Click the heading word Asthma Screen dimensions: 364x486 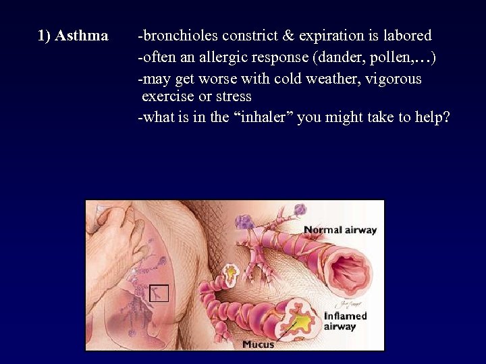[82, 36]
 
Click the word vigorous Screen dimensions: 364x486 [394, 79]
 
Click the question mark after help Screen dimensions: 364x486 [445, 117]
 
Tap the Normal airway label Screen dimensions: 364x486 [340, 230]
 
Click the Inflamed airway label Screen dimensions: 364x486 [345, 321]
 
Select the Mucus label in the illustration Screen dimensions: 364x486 [259, 344]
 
